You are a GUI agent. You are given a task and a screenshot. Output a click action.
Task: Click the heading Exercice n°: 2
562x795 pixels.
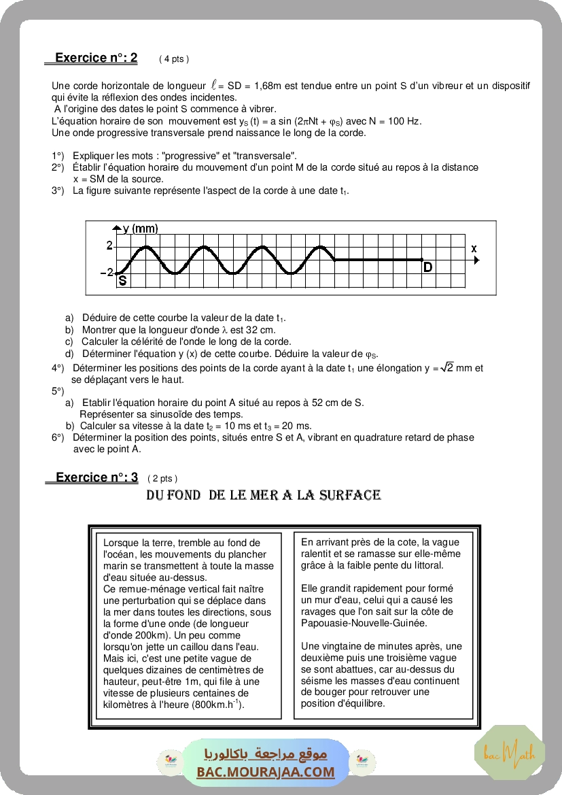pos(96,58)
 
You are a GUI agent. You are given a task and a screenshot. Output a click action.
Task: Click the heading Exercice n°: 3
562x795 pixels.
pos(96,477)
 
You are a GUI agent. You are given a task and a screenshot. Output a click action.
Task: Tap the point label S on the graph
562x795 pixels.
pos(122,280)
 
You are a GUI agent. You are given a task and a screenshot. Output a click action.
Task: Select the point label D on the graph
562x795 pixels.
pos(427,267)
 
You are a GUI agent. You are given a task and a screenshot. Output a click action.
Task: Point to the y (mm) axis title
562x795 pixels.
pos(140,229)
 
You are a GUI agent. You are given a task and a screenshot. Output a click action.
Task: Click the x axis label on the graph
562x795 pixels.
pos(474,249)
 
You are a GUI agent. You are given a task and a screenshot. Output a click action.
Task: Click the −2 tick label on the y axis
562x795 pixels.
pos(107,273)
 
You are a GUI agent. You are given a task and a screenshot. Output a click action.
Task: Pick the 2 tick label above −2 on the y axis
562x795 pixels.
pos(109,246)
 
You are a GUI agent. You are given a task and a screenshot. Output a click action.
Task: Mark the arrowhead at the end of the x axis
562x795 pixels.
pos(476,260)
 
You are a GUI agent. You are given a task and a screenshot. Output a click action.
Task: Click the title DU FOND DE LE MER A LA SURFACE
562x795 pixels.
pos(263,495)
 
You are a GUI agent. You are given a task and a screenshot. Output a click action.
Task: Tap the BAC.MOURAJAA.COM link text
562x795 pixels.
pos(266,772)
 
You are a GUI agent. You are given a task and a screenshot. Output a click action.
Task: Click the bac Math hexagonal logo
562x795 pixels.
pos(509,753)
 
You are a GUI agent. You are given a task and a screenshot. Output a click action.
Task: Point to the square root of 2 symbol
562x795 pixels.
pos(446,368)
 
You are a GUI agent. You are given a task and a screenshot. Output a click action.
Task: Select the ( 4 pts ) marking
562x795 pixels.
pos(174,59)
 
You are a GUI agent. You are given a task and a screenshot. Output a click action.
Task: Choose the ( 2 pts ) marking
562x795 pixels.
pos(162,479)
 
